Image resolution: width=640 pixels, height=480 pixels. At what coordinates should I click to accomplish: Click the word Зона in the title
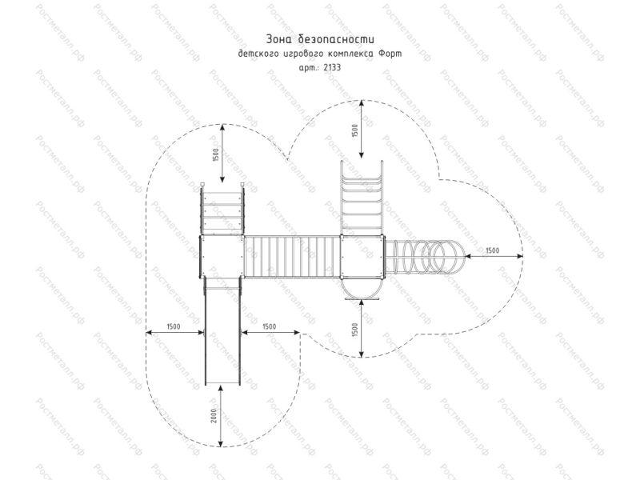click(279, 39)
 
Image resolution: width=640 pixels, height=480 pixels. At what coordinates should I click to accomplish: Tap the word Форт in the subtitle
click(390, 54)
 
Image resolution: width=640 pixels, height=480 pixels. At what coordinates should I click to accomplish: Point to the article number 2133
click(332, 68)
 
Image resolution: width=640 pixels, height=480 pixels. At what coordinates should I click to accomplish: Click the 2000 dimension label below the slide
click(214, 415)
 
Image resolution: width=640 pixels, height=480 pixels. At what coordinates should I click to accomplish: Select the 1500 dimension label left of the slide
click(174, 326)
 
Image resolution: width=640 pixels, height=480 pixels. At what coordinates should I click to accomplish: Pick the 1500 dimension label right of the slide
click(269, 326)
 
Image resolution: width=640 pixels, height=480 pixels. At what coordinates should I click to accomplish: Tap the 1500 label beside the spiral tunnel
click(492, 250)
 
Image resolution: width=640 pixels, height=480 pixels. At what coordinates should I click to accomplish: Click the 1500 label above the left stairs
click(216, 154)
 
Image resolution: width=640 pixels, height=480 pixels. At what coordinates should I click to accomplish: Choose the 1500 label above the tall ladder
click(354, 130)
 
